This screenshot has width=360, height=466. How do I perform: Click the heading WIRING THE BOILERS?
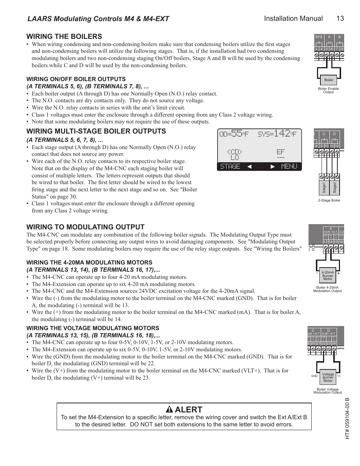pyautogui.click(x=64, y=36)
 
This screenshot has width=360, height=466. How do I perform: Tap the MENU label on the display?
pyautogui.click(x=289, y=166)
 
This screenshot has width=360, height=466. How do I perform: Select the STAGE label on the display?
pyautogui.click(x=230, y=166)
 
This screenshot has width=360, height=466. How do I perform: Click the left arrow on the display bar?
pyautogui.click(x=249, y=166)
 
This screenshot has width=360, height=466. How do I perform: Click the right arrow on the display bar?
pyautogui.click(x=272, y=166)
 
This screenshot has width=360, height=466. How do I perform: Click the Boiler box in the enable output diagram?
pyautogui.click(x=329, y=80)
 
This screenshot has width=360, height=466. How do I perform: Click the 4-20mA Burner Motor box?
pyautogui.click(x=328, y=275)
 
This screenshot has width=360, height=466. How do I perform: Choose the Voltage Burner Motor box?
pyautogui.click(x=328, y=377)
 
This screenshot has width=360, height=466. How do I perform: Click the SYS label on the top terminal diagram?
pyautogui.click(x=318, y=37)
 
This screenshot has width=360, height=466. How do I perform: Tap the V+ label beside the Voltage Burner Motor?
pyautogui.click(x=339, y=376)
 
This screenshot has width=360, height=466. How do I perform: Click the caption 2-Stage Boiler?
pyautogui.click(x=329, y=200)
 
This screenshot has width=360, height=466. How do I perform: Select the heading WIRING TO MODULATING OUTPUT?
pyautogui.click(x=85, y=227)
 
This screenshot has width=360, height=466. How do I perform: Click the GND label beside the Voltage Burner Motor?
pyautogui.click(x=314, y=376)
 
